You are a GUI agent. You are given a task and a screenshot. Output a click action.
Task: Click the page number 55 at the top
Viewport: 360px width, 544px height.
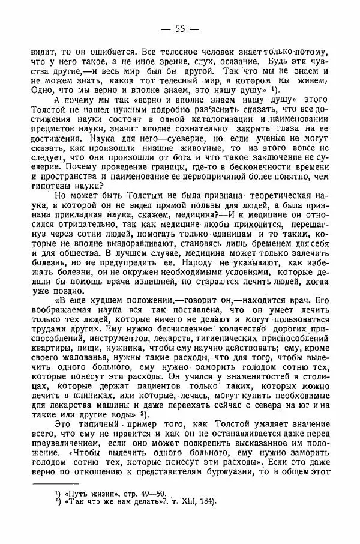[x=179, y=29]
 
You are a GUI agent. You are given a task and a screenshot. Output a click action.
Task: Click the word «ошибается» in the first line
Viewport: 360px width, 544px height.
[x=105, y=52]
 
